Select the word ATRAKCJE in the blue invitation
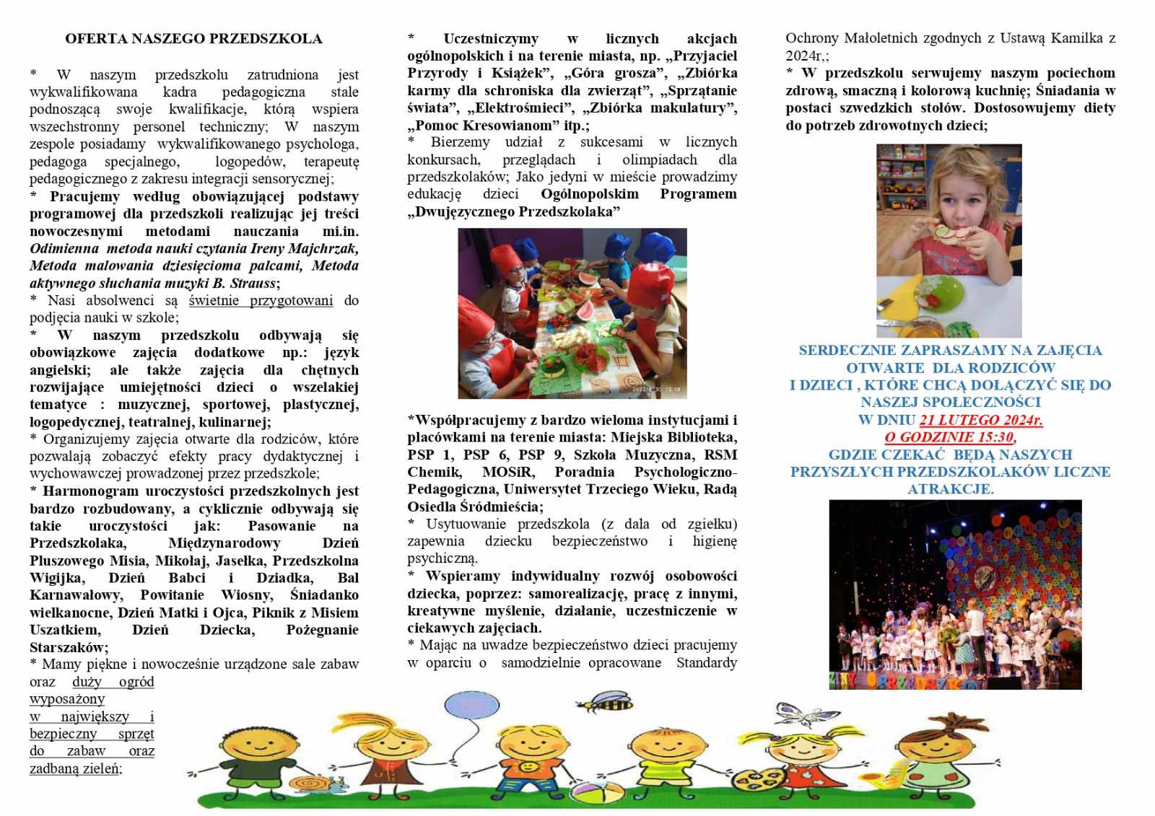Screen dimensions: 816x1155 pos(950,489)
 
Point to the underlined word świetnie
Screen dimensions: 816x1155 pos(217,301)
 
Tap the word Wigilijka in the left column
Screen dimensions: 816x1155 pos(57,579)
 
